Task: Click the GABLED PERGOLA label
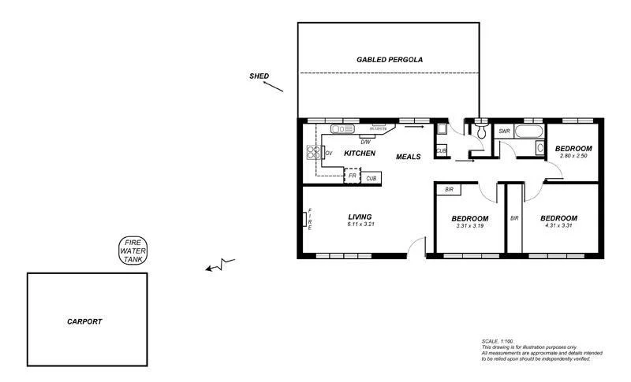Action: pos(389,60)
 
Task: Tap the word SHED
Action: pos(259,76)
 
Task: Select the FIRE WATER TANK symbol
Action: pos(133,250)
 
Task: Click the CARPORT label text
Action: pos(84,321)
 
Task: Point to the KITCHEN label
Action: pos(359,154)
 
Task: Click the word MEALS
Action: pos(408,157)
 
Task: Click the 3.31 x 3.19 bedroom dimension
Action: pos(470,226)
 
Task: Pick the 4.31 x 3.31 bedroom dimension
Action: pos(558,226)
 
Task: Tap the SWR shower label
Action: pos(505,132)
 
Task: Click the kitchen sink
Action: pos(343,129)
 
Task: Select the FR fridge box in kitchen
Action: pos(353,176)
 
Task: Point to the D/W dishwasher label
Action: pos(365,143)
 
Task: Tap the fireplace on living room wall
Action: pos(305,217)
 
